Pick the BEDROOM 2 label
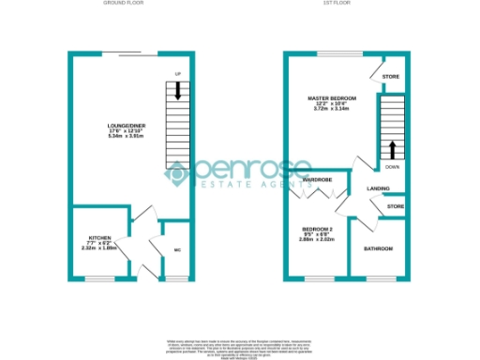point(318,229)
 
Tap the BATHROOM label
point(378,248)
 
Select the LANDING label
point(378,187)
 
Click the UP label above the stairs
point(176,73)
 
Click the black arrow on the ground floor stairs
point(176,90)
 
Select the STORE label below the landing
point(396,206)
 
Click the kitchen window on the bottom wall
point(100,277)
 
